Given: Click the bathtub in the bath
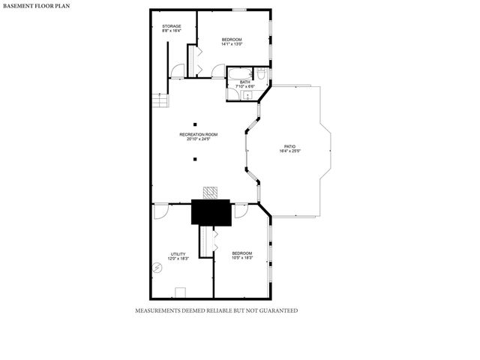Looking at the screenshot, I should [240, 73].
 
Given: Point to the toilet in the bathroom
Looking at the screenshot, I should [260, 73].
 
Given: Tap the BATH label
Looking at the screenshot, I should [245, 82].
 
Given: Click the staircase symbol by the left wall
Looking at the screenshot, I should [160, 100].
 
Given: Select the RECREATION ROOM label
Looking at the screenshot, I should [198, 134].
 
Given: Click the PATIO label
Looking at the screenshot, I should [289, 146].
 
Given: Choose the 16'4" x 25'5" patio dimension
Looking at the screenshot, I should [289, 151].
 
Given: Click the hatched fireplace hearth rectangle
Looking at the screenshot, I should [211, 193].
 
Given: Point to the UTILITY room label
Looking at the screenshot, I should [178, 253].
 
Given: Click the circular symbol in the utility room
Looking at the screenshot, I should [158, 268].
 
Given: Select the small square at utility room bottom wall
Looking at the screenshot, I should [180, 292].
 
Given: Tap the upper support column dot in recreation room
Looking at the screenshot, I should [195, 124].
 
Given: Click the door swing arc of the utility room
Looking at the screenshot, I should [161, 211].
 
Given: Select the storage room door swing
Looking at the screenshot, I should [177, 72].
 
